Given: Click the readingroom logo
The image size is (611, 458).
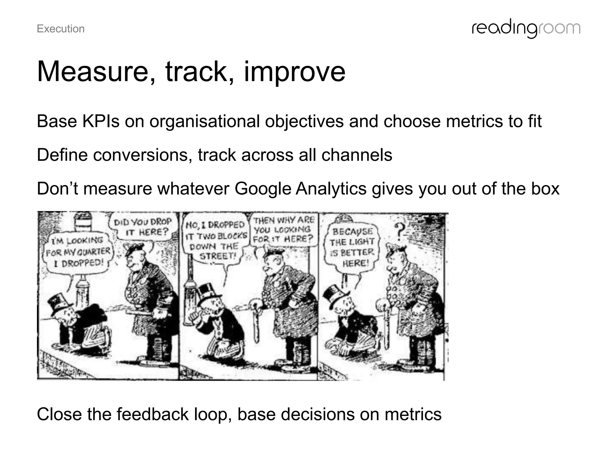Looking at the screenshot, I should [x=526, y=29].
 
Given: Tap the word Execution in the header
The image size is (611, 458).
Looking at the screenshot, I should [x=61, y=29].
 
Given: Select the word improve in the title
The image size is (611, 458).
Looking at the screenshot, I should [x=294, y=72].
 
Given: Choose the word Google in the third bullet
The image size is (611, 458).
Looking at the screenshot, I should [x=263, y=189].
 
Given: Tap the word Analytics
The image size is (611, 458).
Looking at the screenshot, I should [x=331, y=189].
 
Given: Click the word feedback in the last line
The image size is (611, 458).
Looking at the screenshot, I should [x=152, y=414].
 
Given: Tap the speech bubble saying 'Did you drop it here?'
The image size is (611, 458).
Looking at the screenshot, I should [x=143, y=227].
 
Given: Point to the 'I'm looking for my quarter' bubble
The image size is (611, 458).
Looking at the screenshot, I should [x=78, y=251].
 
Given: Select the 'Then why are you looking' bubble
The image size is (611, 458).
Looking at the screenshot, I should [x=283, y=230].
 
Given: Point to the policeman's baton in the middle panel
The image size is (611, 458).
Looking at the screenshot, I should [x=256, y=322].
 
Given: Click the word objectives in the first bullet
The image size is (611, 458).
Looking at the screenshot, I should [x=304, y=121].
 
